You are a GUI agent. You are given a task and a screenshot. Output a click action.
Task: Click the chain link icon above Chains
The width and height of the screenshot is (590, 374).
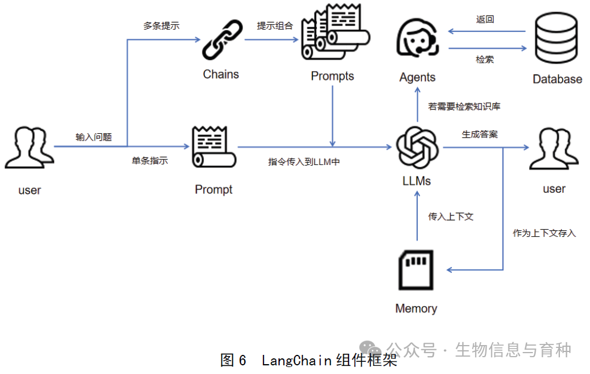point(220,41)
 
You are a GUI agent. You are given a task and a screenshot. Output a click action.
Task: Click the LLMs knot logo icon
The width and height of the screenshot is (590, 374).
point(417,147)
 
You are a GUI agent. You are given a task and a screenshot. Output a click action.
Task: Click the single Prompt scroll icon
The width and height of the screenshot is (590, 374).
point(214,148)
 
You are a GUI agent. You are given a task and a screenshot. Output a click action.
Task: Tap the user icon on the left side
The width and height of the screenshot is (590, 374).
point(29,148)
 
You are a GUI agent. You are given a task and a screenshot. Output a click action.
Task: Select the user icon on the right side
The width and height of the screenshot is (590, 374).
point(553,148)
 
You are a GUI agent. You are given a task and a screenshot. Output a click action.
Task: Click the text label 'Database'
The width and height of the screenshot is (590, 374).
point(557,79)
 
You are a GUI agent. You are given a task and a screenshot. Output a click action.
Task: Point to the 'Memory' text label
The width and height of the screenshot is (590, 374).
point(416,309)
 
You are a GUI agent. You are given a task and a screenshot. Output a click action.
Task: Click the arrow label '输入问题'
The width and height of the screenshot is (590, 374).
point(93,137)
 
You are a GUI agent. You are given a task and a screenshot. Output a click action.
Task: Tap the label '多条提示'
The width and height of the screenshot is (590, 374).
point(161,25)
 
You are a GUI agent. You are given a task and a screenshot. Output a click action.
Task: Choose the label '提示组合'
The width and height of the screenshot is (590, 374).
point(275,25)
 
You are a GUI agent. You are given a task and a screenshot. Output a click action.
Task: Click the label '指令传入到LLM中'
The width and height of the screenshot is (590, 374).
point(303,162)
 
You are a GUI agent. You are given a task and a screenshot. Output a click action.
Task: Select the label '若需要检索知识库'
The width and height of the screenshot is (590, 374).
point(464,107)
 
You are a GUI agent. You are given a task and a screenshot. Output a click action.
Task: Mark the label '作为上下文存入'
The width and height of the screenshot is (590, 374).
point(544,233)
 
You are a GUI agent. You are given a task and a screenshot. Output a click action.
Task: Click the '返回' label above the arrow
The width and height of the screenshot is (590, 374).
point(485,19)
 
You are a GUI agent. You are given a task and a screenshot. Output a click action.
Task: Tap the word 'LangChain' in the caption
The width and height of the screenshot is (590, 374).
point(296,361)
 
